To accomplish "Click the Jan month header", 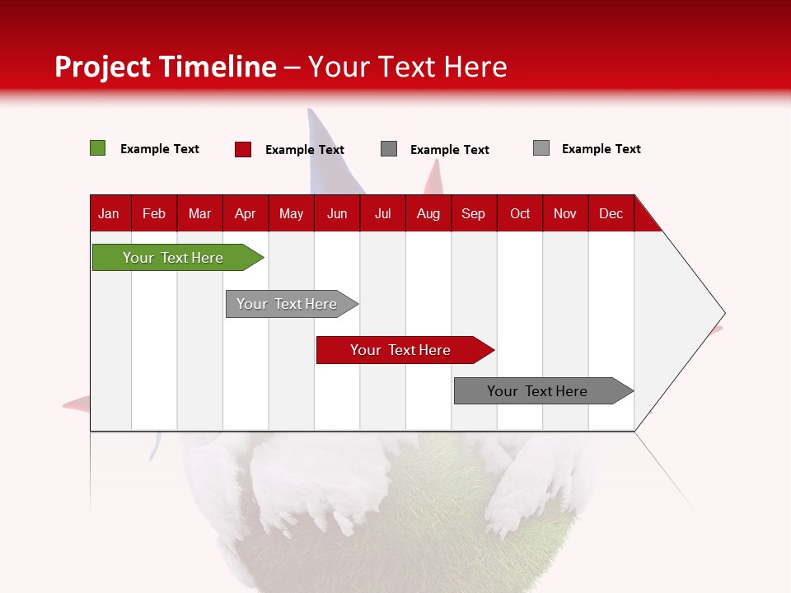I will (110, 213).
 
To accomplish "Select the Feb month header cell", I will (154, 213).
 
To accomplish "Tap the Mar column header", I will (199, 213).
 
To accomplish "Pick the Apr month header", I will (246, 213).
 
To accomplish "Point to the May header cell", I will (291, 213).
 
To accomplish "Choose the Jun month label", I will (337, 213).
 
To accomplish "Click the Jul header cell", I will (382, 213).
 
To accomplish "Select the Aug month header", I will (428, 213).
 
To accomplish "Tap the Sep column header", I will (474, 213).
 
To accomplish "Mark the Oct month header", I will (520, 213).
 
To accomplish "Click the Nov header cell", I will (565, 213).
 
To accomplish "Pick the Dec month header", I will (611, 213).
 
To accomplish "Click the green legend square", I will (98, 148).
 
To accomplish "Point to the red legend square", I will (243, 149).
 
